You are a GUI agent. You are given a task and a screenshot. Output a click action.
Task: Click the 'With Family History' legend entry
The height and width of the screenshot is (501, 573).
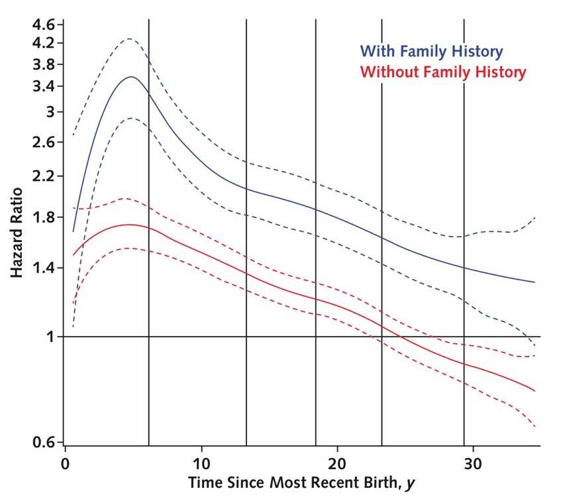[x=431, y=51]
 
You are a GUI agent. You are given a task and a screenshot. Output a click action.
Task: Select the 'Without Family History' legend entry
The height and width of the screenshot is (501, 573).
[x=443, y=72]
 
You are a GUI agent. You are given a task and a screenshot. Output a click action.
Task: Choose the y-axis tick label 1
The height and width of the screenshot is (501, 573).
[x=50, y=337]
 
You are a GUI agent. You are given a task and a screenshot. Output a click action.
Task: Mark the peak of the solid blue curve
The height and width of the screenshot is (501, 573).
[x=131, y=77]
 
